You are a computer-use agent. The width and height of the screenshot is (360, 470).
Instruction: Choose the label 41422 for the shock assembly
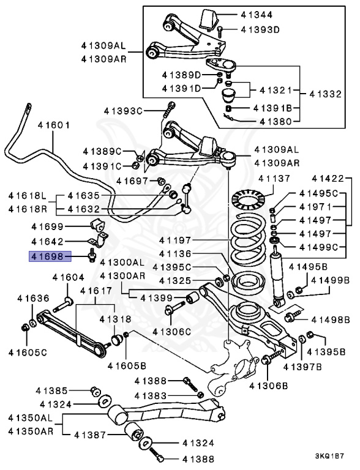coord(328,179)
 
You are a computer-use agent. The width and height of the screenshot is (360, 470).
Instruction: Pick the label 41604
coord(67,277)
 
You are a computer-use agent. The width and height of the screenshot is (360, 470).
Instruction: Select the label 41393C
coord(122,111)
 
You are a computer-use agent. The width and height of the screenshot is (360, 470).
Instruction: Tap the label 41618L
coord(28,196)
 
